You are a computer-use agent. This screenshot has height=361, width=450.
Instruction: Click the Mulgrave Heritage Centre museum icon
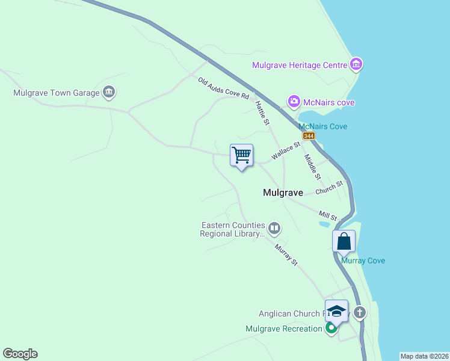pos(356,64)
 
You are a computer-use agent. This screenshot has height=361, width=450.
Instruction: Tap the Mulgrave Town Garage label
pos(56,93)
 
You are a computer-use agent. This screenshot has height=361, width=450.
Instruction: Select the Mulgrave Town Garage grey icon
pos(109,92)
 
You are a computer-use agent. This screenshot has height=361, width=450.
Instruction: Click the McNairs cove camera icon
pos(294,102)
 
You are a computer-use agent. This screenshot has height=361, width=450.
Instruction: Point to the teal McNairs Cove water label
pos(323,126)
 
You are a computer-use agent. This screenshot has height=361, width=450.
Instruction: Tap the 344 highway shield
pos(309,136)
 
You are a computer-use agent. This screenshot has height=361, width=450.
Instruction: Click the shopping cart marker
pos(242,155)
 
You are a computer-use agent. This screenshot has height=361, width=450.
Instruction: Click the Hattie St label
pos(262,113)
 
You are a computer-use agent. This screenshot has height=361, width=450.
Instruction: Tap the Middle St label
pos(312,167)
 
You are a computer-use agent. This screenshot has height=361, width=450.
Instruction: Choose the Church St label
pos(328,188)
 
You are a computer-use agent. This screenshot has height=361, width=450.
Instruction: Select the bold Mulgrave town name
pos(283,193)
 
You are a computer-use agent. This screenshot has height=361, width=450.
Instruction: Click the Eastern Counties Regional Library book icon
pos(274,228)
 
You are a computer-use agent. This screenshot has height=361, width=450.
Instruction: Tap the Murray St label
pos(286,254)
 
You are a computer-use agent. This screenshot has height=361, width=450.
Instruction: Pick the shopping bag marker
pos(344,241)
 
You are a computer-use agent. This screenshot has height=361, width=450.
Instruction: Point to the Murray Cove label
pos(363,261)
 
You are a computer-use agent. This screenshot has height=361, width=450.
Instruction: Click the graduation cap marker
pos(337,311)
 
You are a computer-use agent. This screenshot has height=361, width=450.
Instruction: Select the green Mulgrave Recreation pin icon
pos(331,329)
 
